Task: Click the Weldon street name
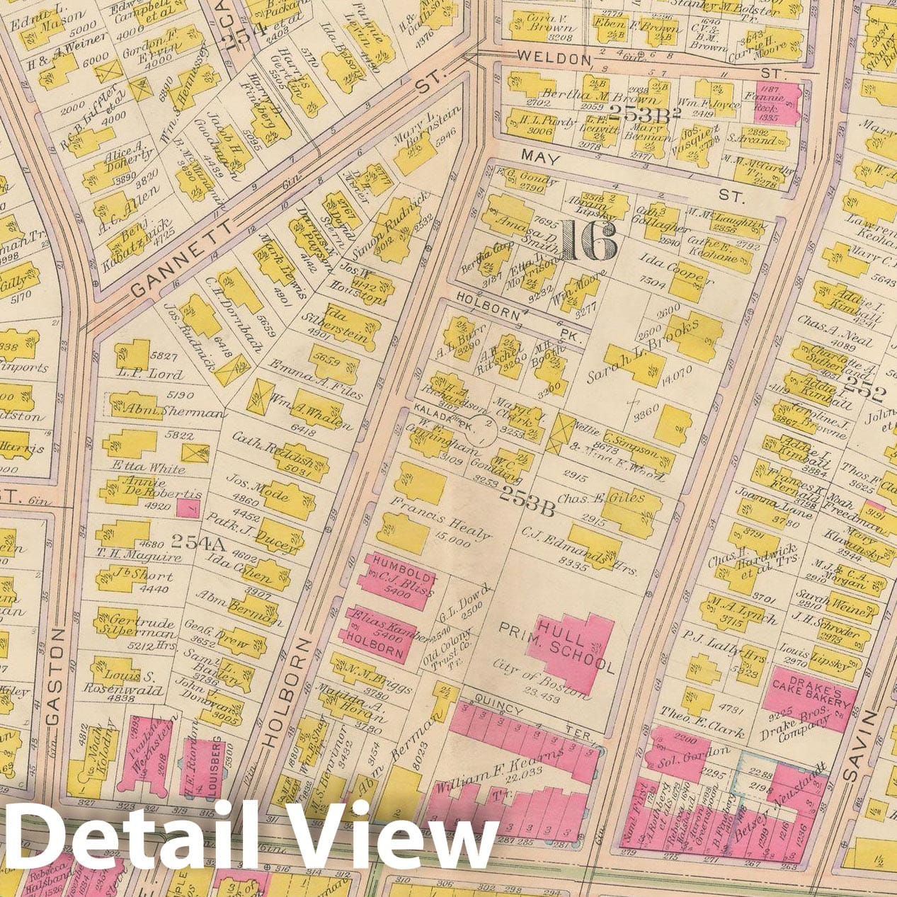553,56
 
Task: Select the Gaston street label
56,676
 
